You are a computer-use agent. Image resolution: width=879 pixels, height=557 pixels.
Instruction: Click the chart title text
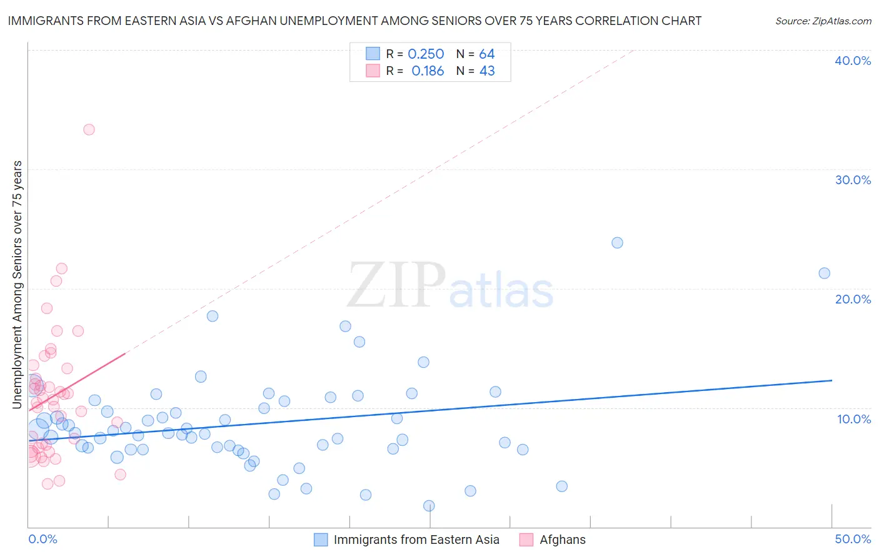click(354, 21)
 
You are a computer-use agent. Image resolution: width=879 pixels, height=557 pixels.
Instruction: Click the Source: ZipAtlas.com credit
click(823, 21)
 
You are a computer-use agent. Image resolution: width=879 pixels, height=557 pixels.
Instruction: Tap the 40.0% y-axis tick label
click(853, 61)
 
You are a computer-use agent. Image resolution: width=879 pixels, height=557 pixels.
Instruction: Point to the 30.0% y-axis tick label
click(853, 180)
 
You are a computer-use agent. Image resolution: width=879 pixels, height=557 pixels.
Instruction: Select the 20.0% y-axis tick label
click(853, 299)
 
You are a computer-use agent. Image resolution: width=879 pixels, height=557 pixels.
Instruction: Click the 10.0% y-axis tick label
click(853, 419)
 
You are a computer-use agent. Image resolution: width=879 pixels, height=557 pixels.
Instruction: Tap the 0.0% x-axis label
click(43, 539)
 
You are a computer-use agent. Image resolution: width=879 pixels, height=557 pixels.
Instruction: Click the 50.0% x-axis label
click(853, 539)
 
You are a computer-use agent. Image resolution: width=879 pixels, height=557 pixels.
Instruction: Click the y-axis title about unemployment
click(17, 285)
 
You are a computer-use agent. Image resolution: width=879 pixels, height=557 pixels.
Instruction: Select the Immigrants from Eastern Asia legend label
click(416, 540)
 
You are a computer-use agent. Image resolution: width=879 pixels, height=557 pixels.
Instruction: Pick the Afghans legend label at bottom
click(563, 540)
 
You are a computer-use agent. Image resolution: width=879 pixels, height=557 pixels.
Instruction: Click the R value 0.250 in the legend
click(426, 54)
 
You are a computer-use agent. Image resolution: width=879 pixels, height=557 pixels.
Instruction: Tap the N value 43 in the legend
click(487, 71)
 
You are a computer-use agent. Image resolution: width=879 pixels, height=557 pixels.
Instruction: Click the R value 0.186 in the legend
click(428, 71)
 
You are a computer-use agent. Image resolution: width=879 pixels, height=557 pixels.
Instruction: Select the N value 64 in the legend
click(487, 54)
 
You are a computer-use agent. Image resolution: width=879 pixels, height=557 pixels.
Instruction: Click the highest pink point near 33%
click(89, 130)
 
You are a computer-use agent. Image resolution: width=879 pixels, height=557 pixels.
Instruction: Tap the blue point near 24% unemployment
click(617, 243)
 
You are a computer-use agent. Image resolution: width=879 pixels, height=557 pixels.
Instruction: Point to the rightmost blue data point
click(824, 273)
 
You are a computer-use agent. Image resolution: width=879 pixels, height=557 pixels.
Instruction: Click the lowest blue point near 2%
click(429, 506)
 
